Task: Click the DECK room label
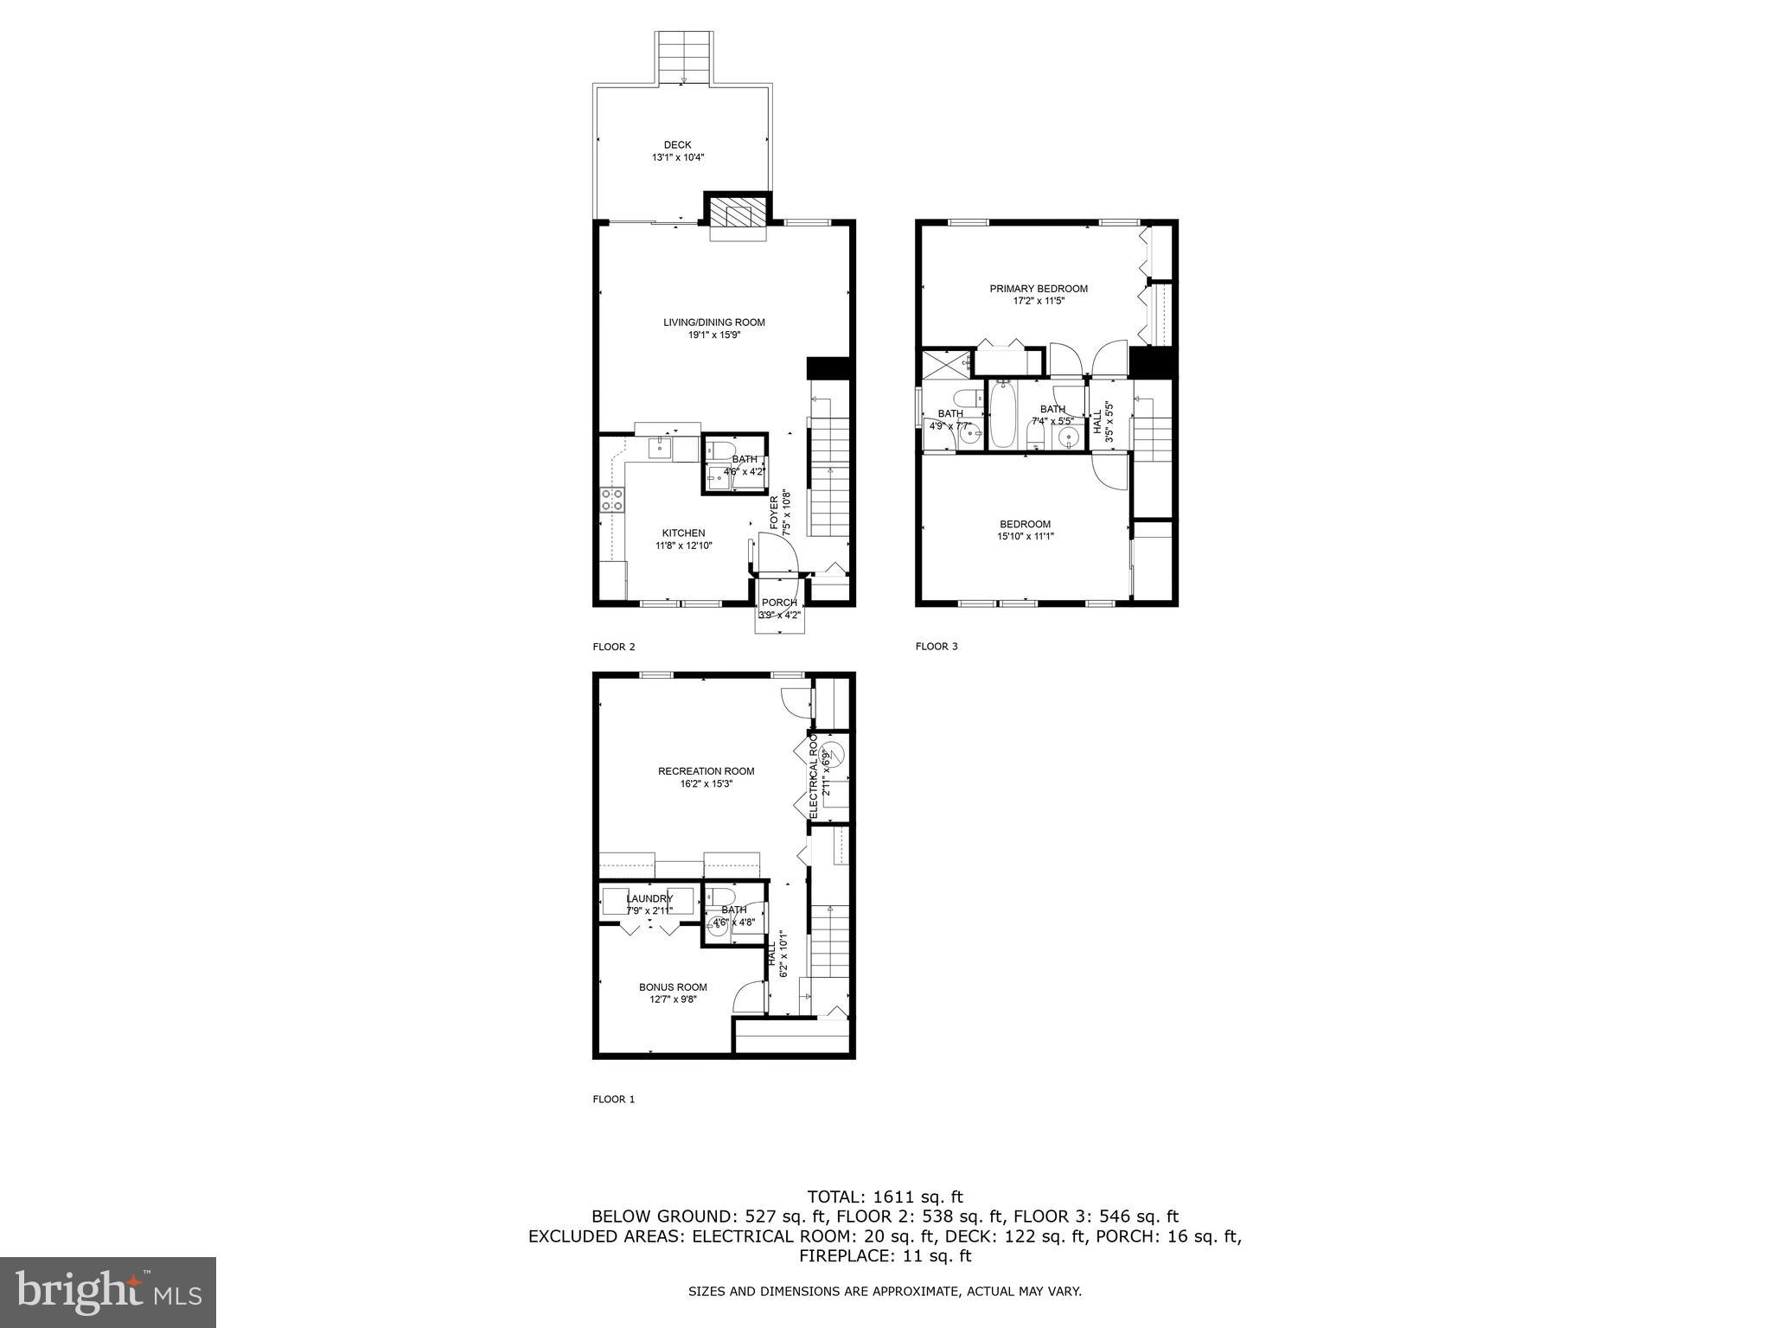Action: point(677,144)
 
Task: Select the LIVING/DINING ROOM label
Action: point(713,322)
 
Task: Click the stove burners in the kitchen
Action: point(611,499)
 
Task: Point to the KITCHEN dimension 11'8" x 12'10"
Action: point(683,546)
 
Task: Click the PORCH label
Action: point(779,603)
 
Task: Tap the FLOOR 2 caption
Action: point(614,647)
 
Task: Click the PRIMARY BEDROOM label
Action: point(1038,289)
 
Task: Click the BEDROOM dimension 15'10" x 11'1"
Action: point(1025,536)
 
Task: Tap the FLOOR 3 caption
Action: point(937,647)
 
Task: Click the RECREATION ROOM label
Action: point(706,771)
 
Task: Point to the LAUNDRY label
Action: point(649,898)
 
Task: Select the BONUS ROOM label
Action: point(673,986)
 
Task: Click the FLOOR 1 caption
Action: point(614,1100)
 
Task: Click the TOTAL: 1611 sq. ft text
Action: point(885,1197)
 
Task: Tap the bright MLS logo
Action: point(107,1292)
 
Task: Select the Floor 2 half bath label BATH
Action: point(744,459)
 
